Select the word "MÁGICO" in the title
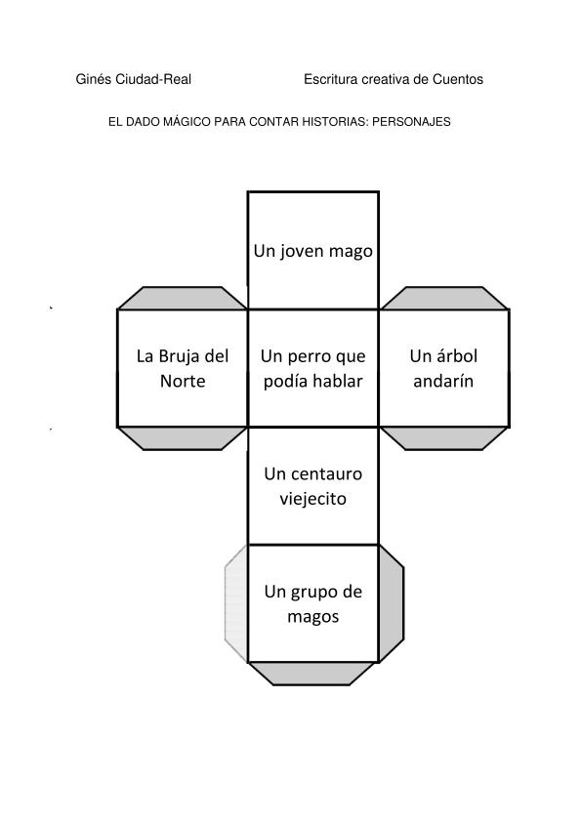coord(184,122)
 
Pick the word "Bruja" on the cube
coord(179,356)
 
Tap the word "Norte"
coord(183,381)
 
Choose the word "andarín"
coord(443,381)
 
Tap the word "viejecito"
coord(313,498)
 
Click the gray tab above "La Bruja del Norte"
coord(183,299)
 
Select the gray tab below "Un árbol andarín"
coord(443,438)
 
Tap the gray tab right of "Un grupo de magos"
coord(392,603)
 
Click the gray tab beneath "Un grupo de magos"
coord(312,674)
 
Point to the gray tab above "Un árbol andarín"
coord(443,299)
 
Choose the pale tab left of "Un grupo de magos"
coord(236,603)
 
